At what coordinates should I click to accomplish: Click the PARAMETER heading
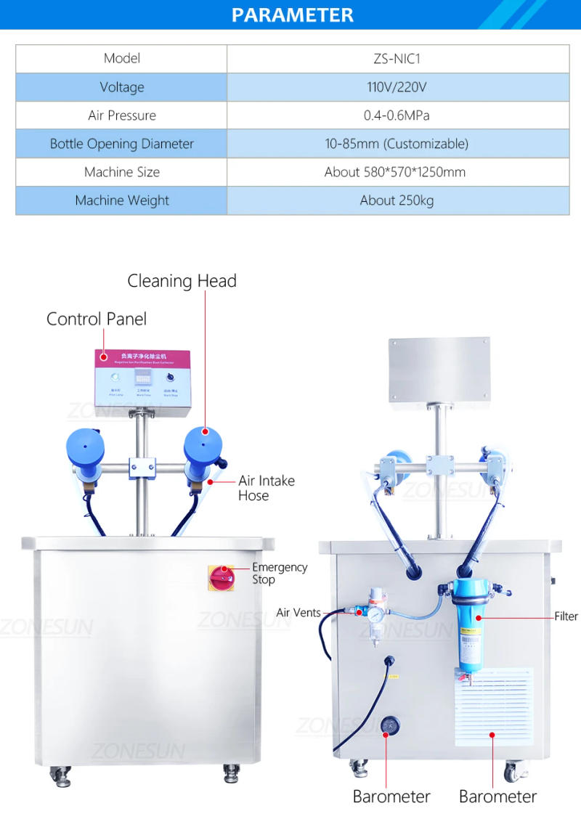coord(293,15)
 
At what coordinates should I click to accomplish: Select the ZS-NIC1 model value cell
coord(397,59)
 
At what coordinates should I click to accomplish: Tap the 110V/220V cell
coord(397,87)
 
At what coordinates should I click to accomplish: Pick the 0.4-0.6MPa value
coord(397,115)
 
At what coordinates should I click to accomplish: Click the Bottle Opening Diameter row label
coord(121,144)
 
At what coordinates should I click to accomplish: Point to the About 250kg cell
coord(397,200)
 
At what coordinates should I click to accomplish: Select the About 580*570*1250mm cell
coord(397,172)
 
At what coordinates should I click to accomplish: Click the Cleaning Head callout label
coord(182,281)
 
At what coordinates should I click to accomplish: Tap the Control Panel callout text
coord(97,319)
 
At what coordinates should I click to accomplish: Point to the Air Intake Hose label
coord(266,488)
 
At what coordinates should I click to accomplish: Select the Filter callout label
coord(566,616)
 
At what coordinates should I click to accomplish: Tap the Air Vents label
coord(298,613)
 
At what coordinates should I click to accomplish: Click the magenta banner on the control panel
coord(142,358)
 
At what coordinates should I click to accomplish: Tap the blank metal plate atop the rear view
coord(439,370)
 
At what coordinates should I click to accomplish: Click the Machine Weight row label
coord(121,200)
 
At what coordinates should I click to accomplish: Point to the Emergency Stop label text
coord(279,574)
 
